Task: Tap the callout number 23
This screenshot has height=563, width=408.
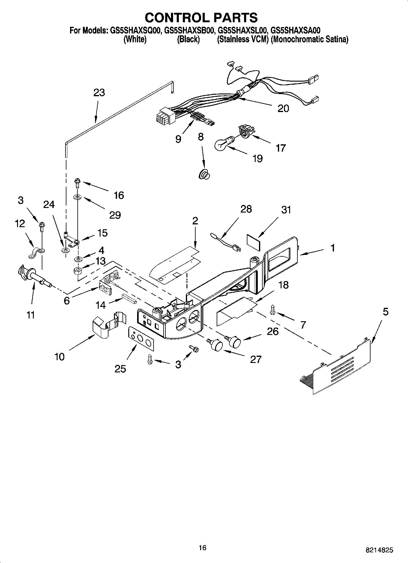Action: tap(99, 93)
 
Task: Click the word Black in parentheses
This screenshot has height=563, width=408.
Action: tap(188, 39)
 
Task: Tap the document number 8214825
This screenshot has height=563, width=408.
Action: tap(379, 550)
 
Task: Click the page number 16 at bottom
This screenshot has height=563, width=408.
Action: tap(202, 547)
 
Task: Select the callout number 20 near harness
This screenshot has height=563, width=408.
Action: tap(283, 109)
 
